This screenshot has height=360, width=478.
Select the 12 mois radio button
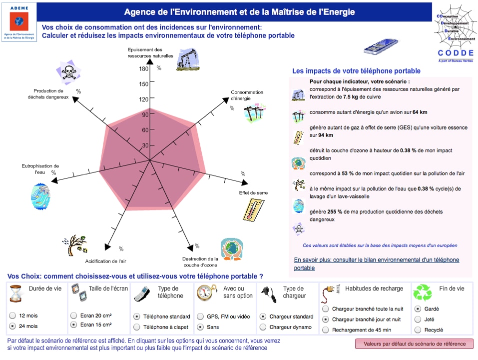tap(12, 315)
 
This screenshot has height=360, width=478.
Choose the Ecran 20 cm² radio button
tap(74, 315)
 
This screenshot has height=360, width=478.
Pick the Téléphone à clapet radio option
tap(137, 327)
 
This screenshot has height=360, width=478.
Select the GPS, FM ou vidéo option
tap(201, 316)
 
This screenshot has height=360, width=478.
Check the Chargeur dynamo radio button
tap(263, 327)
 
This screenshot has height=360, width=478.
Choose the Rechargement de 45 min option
tap(326, 329)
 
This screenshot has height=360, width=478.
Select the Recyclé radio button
tap(418, 329)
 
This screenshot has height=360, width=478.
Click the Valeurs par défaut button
tap(414, 343)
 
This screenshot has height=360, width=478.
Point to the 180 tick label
tap(144, 69)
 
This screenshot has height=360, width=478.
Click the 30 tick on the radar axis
tap(145, 145)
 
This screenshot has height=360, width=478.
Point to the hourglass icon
tap(16, 293)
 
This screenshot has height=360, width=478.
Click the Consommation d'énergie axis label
tap(247, 95)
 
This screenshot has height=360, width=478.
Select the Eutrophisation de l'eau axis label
tap(40, 168)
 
